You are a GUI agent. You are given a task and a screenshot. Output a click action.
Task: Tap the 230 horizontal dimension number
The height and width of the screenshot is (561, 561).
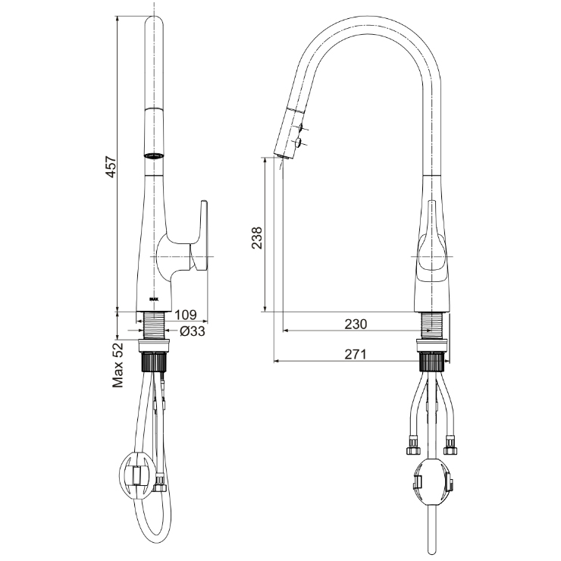point(355,324)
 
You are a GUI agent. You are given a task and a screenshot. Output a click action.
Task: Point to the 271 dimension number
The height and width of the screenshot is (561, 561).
point(355,354)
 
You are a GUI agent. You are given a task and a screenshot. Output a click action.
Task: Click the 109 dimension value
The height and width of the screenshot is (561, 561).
point(186,315)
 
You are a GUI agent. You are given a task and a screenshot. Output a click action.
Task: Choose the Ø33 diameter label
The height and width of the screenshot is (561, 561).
point(193,331)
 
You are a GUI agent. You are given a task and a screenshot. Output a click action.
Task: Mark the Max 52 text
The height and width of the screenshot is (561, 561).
point(118,365)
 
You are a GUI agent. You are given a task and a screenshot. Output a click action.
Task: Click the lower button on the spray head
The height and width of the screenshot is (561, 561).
point(298,142)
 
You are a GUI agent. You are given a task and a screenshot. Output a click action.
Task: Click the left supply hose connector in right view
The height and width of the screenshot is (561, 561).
point(411,447)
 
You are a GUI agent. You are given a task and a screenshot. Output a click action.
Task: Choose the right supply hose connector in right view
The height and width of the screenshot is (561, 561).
point(453,447)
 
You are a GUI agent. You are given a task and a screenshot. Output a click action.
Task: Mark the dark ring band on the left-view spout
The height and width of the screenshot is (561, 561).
point(154,155)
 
